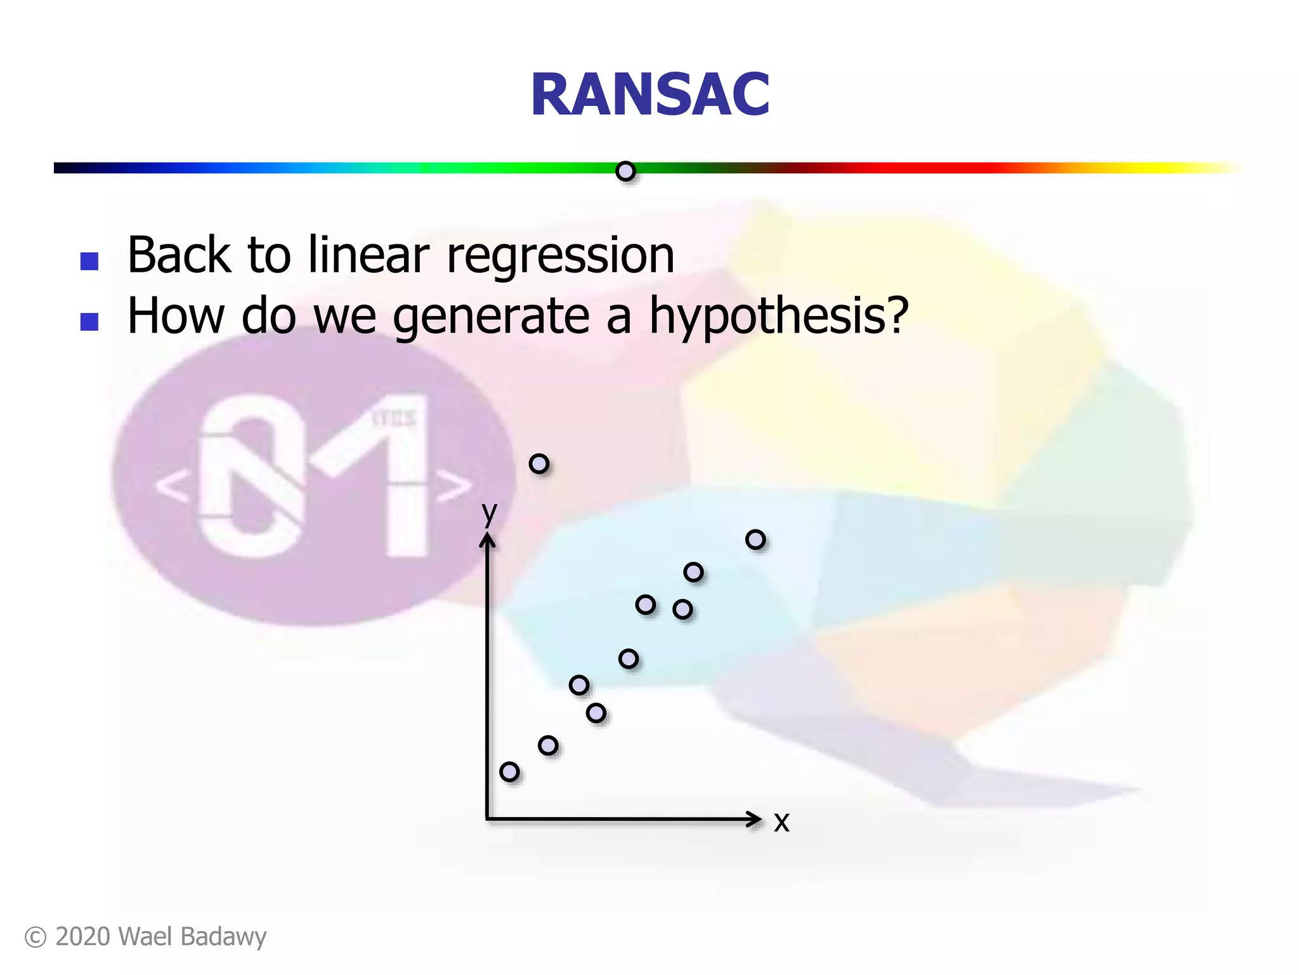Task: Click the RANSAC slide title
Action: (x=649, y=95)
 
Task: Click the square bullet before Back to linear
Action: (x=89, y=261)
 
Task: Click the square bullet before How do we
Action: (x=89, y=322)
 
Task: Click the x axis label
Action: (x=781, y=821)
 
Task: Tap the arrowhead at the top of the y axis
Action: (x=487, y=540)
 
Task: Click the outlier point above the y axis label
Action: (x=539, y=464)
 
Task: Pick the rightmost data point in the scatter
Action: (x=755, y=540)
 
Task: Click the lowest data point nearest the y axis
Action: (x=509, y=772)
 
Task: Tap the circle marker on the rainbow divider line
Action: (x=625, y=171)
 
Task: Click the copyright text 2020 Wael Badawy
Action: (x=160, y=937)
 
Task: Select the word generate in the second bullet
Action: (x=492, y=316)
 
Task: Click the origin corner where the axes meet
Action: (x=487, y=819)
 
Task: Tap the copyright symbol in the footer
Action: (x=36, y=938)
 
